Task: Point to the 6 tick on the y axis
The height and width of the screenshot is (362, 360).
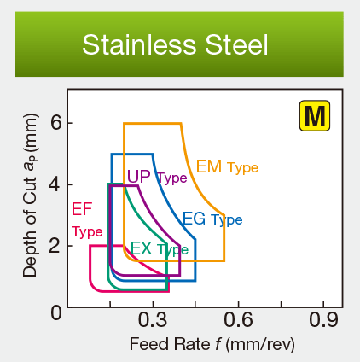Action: (x=55, y=122)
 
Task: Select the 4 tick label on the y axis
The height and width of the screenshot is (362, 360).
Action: (x=55, y=184)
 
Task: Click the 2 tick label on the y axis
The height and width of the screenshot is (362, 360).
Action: (x=55, y=247)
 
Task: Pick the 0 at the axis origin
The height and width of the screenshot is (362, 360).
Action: (x=55, y=311)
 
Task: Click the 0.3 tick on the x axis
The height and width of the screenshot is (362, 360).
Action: (x=153, y=320)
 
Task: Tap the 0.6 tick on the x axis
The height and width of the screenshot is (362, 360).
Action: (x=238, y=320)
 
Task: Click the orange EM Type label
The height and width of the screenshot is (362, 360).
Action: (x=227, y=166)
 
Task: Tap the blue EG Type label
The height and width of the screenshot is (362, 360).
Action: (x=212, y=219)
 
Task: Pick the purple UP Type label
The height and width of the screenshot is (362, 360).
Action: (x=156, y=177)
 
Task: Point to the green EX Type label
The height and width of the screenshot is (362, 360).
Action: (x=159, y=249)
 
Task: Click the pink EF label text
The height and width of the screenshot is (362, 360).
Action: (x=82, y=208)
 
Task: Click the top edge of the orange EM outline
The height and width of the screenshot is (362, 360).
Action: (x=152, y=124)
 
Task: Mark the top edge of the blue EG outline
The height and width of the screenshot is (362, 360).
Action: (x=130, y=154)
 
